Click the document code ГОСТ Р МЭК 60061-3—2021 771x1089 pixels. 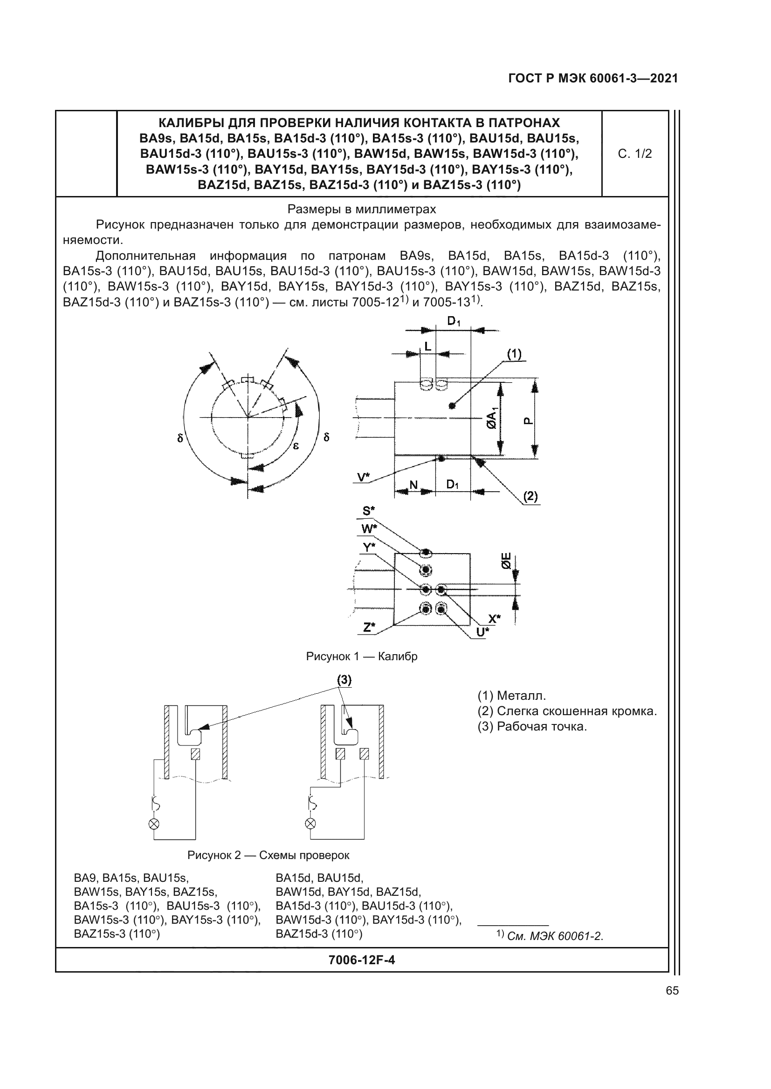click(592, 78)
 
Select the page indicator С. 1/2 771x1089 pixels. click(635, 154)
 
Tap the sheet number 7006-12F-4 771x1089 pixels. click(361, 960)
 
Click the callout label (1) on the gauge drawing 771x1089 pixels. click(514, 354)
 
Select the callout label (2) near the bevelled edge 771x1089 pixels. click(530, 496)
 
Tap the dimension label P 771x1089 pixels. click(529, 421)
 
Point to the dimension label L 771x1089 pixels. click(428, 347)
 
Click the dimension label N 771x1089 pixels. click(413, 485)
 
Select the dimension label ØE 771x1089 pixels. click(506, 561)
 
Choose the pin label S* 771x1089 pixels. click(368, 511)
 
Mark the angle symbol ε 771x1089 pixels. click(296, 446)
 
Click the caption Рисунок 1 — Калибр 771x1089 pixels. click(362, 656)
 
